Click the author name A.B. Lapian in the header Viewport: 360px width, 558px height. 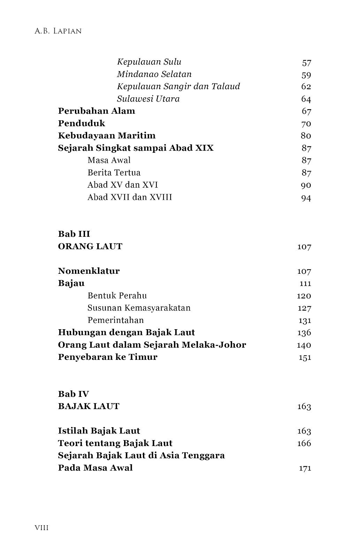58,31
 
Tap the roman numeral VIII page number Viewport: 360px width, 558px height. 42,528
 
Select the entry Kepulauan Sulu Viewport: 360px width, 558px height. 149,62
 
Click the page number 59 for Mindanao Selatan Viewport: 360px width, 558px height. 306,75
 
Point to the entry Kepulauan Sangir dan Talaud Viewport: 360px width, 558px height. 178,86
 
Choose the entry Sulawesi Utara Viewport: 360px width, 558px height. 148,99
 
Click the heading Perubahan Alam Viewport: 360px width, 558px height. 97,111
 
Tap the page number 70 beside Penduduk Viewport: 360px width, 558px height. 306,124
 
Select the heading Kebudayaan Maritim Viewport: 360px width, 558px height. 107,136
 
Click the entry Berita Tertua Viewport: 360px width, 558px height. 114,173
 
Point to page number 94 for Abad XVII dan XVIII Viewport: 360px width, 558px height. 306,198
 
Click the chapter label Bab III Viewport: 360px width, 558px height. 74,234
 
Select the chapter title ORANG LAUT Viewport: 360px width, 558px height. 90,247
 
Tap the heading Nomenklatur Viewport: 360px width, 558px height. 89,271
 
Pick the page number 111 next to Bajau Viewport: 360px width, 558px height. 305,284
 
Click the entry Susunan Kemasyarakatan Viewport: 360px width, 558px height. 139,308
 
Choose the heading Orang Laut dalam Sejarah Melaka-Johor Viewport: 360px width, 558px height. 152,345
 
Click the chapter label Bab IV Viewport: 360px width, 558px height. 74,394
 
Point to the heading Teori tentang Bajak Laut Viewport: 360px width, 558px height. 115,443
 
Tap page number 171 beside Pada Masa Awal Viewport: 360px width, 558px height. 305,468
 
